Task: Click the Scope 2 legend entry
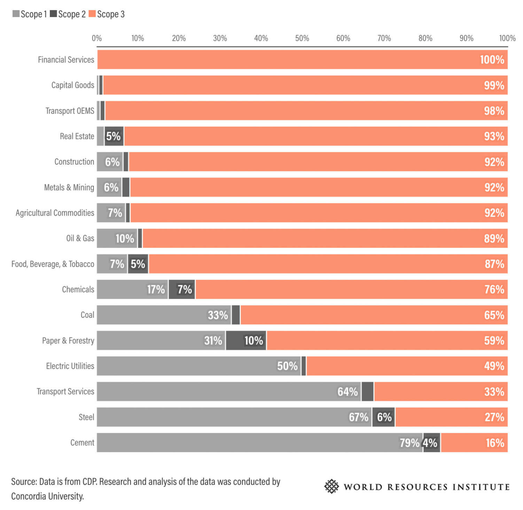point(68,14)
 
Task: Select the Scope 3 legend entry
point(107,14)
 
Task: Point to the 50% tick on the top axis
point(302,38)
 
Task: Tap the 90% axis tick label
point(466,38)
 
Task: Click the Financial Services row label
point(66,60)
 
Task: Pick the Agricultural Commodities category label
point(55,213)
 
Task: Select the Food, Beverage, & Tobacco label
point(53,264)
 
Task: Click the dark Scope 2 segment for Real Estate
point(114,136)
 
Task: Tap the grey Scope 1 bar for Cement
point(259,442)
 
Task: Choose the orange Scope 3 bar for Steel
point(451,417)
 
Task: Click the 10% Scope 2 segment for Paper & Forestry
point(246,340)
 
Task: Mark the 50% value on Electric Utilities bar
point(287,366)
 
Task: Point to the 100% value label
point(492,60)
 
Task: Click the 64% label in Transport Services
point(347,392)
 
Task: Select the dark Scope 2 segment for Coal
point(236,315)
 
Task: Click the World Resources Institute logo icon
point(331,486)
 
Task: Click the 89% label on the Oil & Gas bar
point(494,238)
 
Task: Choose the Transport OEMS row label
point(70,111)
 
